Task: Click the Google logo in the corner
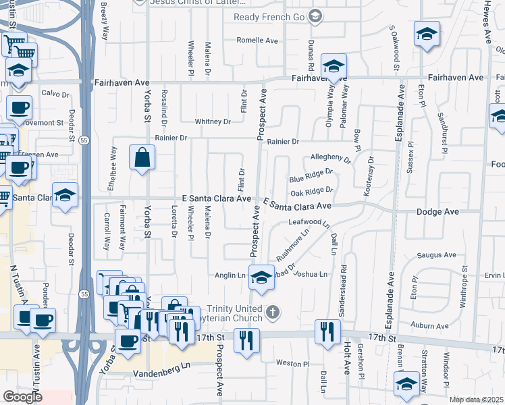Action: click(22, 397)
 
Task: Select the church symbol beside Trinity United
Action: click(272, 312)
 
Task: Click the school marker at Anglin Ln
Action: click(261, 277)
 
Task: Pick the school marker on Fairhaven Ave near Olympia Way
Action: click(334, 66)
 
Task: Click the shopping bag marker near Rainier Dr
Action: click(143, 158)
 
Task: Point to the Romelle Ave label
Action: click(258, 40)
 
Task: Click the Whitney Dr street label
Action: click(213, 122)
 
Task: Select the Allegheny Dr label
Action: click(330, 159)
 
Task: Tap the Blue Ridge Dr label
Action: click(311, 178)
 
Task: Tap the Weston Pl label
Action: click(292, 363)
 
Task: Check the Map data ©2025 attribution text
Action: click(475, 400)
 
